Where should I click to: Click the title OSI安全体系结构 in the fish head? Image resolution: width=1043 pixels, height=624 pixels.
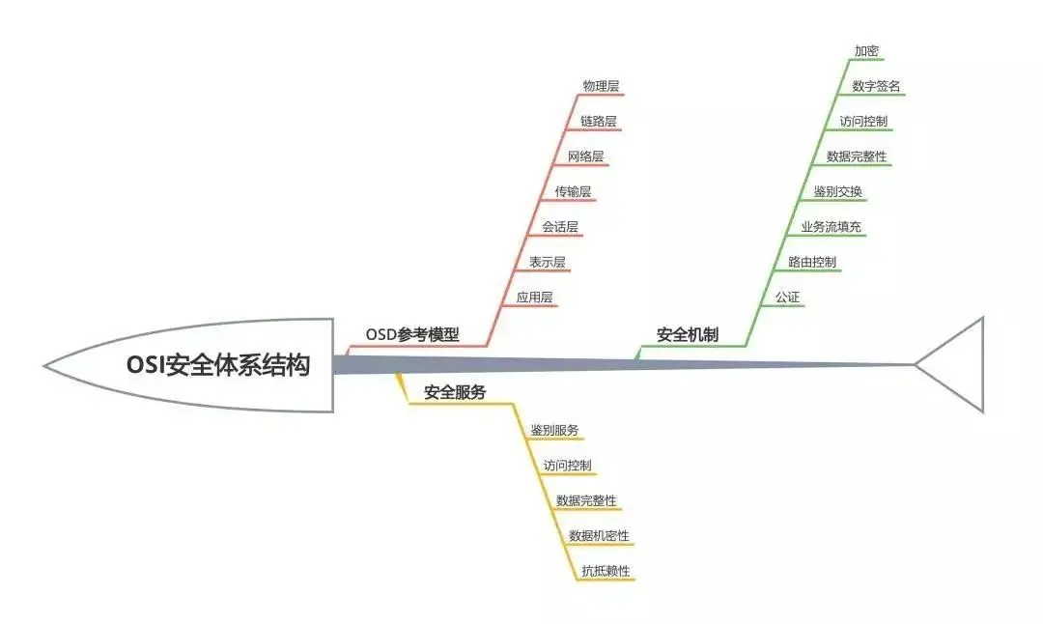[218, 366]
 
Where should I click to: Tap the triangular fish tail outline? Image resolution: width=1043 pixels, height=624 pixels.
[952, 364]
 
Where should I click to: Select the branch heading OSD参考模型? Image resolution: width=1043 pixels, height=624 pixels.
[412, 335]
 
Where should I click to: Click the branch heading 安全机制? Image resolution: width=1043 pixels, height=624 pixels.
[688, 335]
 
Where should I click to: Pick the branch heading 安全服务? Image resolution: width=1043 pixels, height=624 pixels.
[455, 392]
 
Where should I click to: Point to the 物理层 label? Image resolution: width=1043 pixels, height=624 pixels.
[601, 86]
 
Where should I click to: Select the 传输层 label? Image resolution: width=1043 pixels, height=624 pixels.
[573, 191]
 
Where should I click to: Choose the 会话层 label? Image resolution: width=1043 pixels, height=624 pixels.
[560, 227]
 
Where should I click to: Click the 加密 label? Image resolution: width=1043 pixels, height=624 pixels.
[866, 51]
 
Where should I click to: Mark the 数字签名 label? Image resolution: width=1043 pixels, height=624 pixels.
[877, 86]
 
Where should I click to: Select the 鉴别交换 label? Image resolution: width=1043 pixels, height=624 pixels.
[837, 191]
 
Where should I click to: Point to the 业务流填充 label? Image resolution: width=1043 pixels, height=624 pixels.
[831, 227]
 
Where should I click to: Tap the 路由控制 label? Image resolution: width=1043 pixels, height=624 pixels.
[812, 262]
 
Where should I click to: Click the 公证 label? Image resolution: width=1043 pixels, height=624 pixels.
[787, 298]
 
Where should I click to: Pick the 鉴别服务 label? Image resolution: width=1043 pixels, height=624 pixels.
[554, 430]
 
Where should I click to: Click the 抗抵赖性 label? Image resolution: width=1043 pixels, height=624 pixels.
[606, 571]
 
